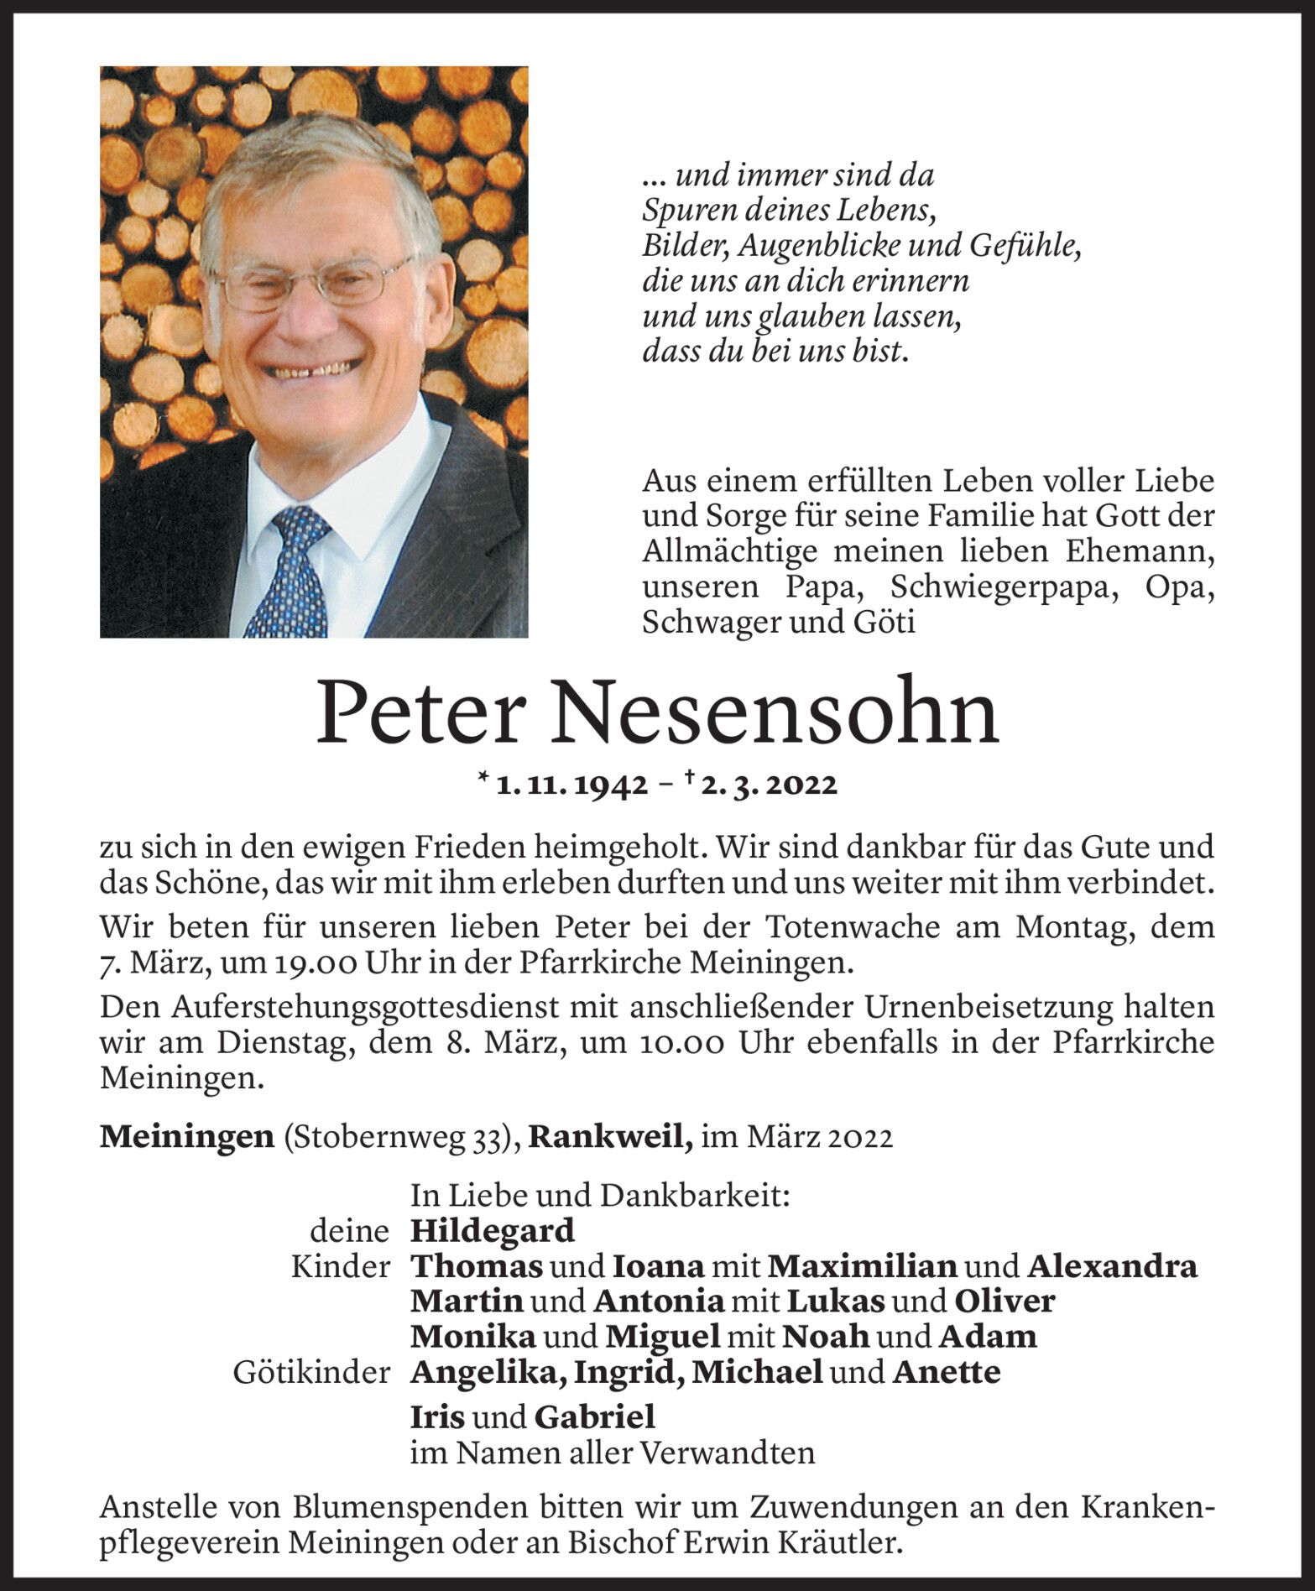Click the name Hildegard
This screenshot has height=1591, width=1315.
pyautogui.click(x=493, y=1230)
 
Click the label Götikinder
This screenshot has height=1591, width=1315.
pyautogui.click(x=311, y=1372)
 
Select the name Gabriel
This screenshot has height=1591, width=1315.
pyautogui.click(x=593, y=1417)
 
